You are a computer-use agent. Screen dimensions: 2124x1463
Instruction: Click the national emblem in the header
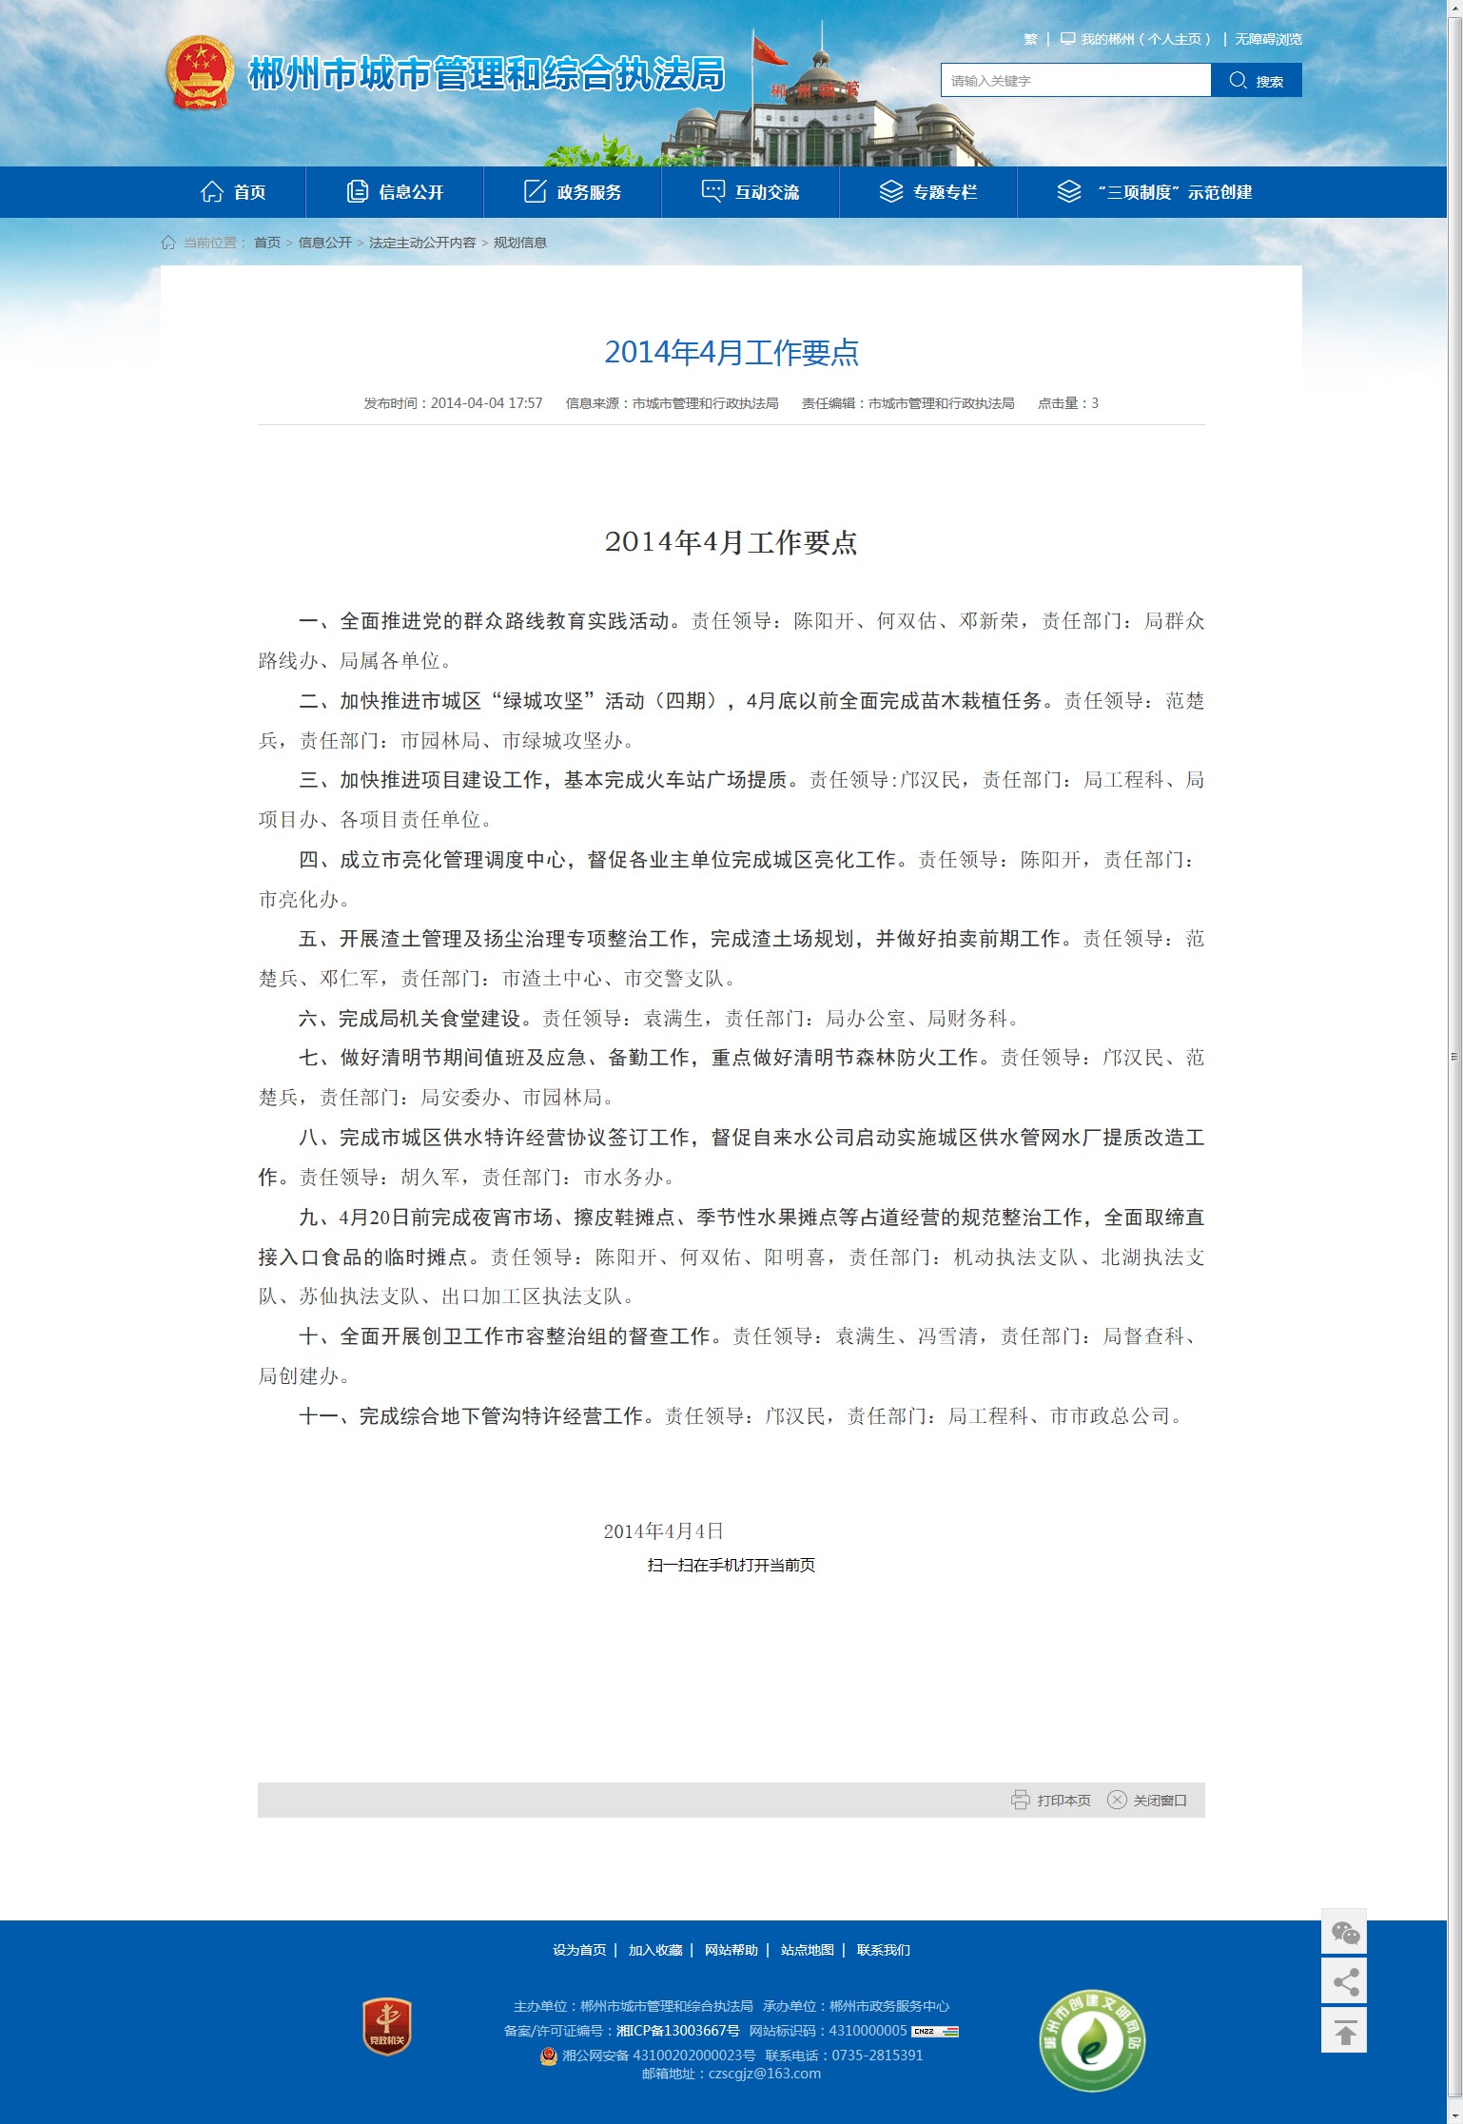pyautogui.click(x=200, y=73)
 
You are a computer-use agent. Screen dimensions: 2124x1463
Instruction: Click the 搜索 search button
pyautogui.click(x=1256, y=81)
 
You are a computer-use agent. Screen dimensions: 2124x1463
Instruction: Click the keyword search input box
pyautogui.click(x=1075, y=81)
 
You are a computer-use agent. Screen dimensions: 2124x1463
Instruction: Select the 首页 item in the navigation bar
pyautogui.click(x=234, y=192)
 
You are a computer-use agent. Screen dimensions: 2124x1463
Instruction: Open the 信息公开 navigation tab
pyautogui.click(x=395, y=192)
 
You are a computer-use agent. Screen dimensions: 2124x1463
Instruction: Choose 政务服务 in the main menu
pyautogui.click(x=573, y=192)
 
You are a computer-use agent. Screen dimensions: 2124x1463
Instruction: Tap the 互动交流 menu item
pyautogui.click(x=751, y=192)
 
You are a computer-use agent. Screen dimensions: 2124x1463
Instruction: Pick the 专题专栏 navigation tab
pyautogui.click(x=928, y=192)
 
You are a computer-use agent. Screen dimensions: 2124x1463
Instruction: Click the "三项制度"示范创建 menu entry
pyautogui.click(x=1155, y=192)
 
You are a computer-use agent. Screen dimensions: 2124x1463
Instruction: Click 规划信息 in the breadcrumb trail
pyautogui.click(x=519, y=243)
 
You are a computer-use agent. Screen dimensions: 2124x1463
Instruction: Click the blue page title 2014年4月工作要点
pyautogui.click(x=731, y=353)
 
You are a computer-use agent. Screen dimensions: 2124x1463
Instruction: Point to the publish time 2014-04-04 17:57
pyautogui.click(x=486, y=403)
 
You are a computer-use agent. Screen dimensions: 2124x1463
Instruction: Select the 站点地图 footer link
pyautogui.click(x=807, y=1950)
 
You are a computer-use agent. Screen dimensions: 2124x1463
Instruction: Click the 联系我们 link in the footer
pyautogui.click(x=883, y=1950)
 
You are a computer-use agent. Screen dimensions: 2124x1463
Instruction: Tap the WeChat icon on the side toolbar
pyautogui.click(x=1344, y=1933)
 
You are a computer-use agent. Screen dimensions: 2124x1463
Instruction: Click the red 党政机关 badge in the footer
pyautogui.click(x=387, y=2026)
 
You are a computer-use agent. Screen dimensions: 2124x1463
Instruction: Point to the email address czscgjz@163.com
pyautogui.click(x=764, y=2074)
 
